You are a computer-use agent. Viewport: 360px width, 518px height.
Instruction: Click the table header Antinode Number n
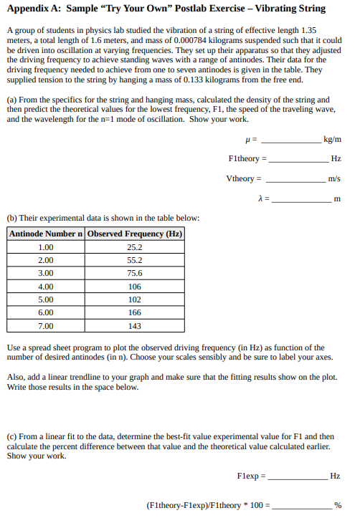(46, 234)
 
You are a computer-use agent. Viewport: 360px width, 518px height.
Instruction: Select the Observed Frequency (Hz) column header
(134, 234)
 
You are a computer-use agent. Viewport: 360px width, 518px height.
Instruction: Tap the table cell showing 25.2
(134, 248)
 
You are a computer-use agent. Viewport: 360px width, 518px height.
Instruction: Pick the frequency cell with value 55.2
(134, 261)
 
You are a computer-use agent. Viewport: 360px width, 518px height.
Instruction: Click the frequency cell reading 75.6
(134, 274)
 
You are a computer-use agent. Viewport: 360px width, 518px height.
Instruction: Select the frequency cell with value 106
(134, 287)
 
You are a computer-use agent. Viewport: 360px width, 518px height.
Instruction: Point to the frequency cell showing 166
(134, 312)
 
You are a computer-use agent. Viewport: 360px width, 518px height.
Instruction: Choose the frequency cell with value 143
(134, 325)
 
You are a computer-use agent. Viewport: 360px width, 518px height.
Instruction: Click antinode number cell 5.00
(45, 299)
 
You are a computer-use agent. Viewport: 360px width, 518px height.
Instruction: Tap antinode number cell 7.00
(45, 325)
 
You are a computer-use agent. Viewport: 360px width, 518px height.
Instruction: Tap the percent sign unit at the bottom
(338, 505)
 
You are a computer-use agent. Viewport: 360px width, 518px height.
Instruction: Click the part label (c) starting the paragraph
(12, 436)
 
